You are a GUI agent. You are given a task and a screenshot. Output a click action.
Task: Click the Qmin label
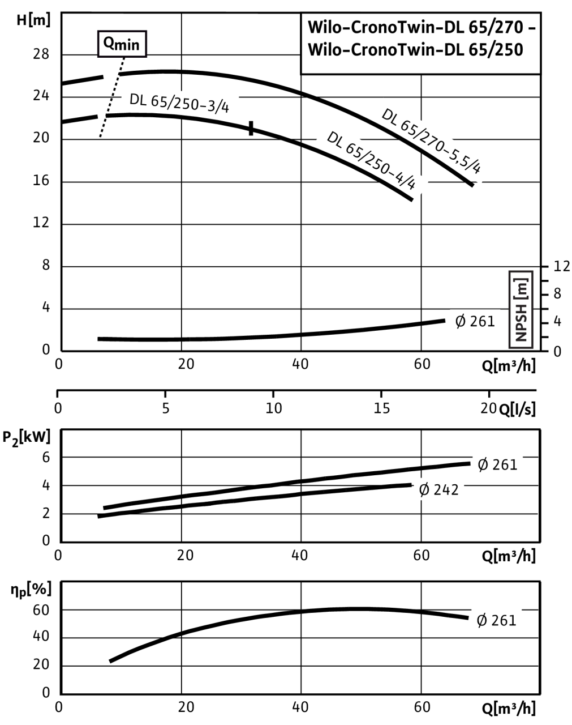122,44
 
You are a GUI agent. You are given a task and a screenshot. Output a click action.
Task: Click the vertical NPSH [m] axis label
521,309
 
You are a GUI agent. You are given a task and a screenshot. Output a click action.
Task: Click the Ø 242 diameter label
439,489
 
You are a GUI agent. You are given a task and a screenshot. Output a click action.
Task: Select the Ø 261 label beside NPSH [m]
475,322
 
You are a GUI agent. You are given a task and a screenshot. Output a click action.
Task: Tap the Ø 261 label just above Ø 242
497,465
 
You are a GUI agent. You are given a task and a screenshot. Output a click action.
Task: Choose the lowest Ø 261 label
496,620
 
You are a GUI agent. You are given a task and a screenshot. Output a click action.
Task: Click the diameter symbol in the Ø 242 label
424,489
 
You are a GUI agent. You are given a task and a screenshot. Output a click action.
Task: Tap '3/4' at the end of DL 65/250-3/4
220,108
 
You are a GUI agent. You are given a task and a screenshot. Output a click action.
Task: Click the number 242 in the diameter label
446,489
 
